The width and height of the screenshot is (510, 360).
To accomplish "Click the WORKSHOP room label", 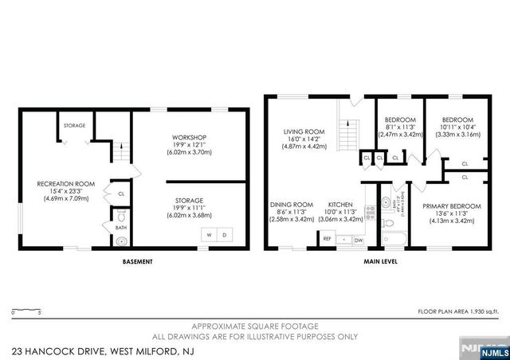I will pos(189,137).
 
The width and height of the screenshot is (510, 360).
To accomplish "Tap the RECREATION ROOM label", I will pos(66,184).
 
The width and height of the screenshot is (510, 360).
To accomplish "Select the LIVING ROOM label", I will pos(305,132).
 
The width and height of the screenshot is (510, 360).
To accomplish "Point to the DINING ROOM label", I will pos(291,204).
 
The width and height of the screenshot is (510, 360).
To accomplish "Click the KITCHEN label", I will pos(340,204).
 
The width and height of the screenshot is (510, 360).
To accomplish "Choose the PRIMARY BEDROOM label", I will pos(453,207).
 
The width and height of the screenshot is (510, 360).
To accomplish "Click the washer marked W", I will pos(210,235).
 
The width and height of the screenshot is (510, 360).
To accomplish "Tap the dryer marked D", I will pos(224,235).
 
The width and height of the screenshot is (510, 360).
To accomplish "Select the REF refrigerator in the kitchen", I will pos(328,239).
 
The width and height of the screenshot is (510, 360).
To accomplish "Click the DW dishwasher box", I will pos(359,239).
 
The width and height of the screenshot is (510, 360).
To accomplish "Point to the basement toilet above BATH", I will pos(120,216).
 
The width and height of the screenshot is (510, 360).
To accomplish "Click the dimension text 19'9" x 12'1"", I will pos(189,144).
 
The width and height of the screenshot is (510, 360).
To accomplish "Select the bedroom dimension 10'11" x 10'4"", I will pos(457,127).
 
